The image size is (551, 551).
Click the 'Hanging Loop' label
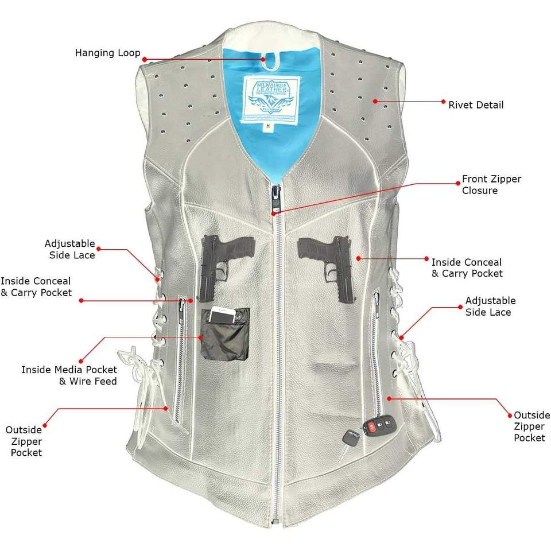pyautogui.click(x=107, y=53)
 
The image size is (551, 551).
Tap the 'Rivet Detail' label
pyautogui.click(x=476, y=105)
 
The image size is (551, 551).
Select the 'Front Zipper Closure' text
pyautogui.click(x=491, y=185)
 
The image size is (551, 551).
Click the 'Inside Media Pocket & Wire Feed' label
pyautogui.click(x=69, y=375)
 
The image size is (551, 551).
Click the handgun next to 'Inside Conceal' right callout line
pyautogui.click(x=327, y=261)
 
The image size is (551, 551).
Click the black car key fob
pyautogui.click(x=379, y=426)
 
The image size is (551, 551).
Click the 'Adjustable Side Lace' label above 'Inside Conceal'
pyautogui.click(x=69, y=250)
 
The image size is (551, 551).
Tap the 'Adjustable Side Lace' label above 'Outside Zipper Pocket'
pyautogui.click(x=490, y=306)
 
